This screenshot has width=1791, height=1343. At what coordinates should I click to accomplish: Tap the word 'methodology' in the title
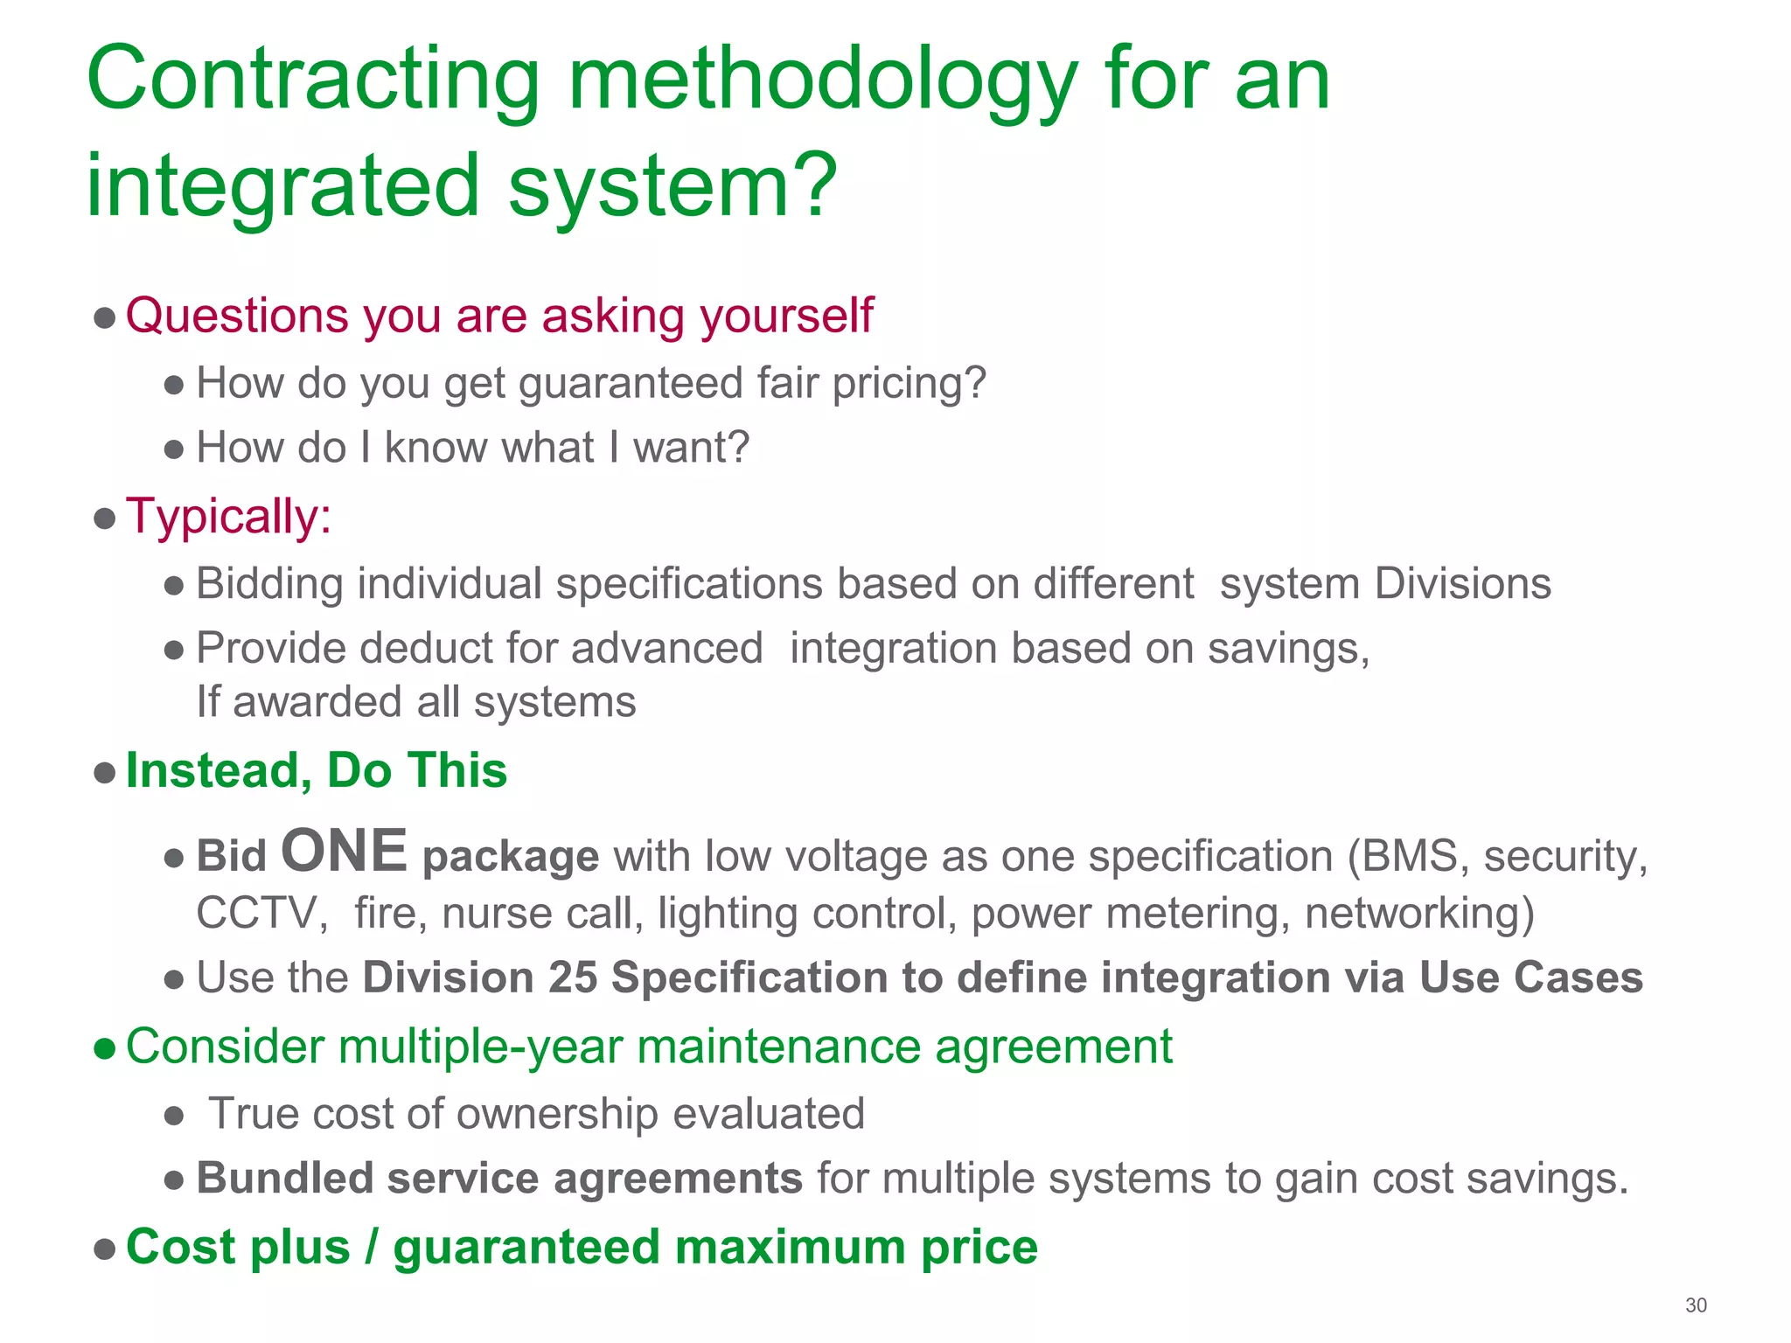click(822, 83)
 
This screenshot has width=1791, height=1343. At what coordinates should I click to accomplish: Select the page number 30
click(1696, 1305)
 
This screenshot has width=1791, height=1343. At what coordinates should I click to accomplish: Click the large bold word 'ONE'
click(344, 851)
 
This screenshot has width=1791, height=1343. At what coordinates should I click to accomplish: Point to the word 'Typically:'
click(229, 516)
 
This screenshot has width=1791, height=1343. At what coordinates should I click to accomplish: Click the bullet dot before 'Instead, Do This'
click(105, 772)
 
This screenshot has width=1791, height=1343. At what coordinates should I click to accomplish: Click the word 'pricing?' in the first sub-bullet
click(909, 383)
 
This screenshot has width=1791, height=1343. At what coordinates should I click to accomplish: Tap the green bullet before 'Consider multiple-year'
click(105, 1048)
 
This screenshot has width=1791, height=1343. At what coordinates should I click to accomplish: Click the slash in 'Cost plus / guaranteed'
click(372, 1248)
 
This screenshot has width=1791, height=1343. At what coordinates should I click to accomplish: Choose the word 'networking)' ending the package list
click(1419, 914)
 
